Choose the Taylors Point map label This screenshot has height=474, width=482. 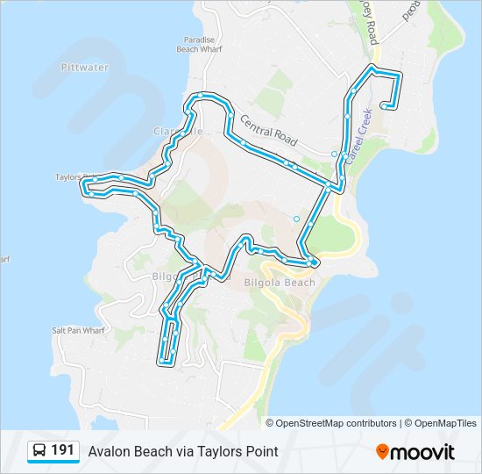click(69, 176)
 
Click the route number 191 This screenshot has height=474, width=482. click(62, 450)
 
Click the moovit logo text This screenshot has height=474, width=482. click(422, 452)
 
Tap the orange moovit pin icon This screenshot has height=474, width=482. click(382, 451)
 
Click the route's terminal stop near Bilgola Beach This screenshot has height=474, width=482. click(314, 262)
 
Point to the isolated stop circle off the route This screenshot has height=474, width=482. click(296, 219)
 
